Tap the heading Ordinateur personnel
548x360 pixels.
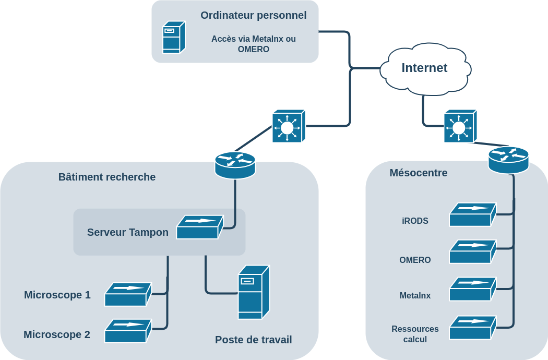point(253,15)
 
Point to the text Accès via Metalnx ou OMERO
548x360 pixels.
point(253,44)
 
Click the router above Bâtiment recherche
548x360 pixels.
point(235,164)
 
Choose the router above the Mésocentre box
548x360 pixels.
point(508,159)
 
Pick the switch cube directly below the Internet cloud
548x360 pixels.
point(460,126)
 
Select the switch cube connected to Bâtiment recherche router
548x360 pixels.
point(288,126)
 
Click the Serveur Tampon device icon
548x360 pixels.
point(199,227)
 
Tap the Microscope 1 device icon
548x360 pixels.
point(128,294)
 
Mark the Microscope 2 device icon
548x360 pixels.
point(128,331)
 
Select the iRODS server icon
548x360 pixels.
point(472,214)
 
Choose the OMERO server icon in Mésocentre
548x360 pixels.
point(472,251)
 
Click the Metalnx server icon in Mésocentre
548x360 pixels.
point(472,289)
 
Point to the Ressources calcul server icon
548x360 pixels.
point(472,327)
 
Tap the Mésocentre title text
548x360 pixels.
point(418,173)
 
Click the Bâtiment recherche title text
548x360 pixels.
point(107,177)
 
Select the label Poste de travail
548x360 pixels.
point(253,340)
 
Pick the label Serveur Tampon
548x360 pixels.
point(127,232)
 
